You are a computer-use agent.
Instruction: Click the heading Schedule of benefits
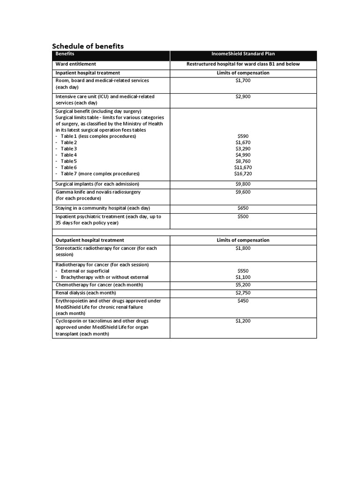click(88, 46)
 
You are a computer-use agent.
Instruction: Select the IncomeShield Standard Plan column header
click(243, 54)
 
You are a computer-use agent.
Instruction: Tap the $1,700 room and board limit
click(243, 81)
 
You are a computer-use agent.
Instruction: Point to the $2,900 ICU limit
click(243, 97)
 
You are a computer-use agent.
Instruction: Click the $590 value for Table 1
click(243, 136)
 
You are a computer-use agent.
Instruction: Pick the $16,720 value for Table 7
click(243, 173)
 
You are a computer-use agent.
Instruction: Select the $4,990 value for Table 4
click(243, 155)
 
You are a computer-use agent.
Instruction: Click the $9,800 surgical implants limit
click(243, 184)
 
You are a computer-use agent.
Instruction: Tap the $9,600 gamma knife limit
click(243, 192)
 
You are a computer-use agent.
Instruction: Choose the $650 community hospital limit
click(243, 208)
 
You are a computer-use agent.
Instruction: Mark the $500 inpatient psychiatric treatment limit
click(243, 217)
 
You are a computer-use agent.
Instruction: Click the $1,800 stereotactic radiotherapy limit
click(243, 248)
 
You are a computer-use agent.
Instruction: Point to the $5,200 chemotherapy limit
click(243, 285)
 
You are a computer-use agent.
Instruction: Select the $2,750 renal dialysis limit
click(243, 293)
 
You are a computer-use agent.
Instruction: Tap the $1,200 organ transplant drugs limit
click(243, 321)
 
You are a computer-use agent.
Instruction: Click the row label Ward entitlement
click(76, 64)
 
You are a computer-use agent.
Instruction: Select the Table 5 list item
click(68, 161)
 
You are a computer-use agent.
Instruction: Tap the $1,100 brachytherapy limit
click(243, 277)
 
